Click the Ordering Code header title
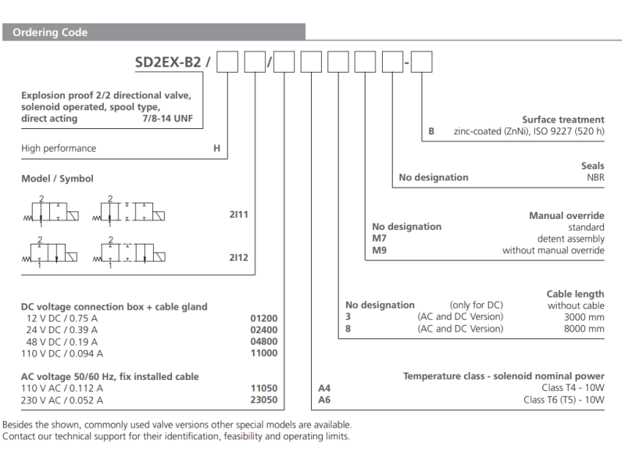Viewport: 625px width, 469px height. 50,33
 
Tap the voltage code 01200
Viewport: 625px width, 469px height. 263,319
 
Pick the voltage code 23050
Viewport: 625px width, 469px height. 263,400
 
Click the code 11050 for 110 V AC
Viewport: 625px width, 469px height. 263,388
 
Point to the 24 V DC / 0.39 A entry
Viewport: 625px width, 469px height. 62,331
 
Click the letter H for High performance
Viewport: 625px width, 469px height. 217,149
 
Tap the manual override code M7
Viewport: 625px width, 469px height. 380,239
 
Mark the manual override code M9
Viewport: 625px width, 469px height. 380,251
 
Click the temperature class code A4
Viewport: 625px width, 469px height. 325,388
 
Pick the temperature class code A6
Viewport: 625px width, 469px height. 325,400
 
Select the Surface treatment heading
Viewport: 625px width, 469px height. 562,120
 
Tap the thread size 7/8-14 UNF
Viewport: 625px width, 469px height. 173,119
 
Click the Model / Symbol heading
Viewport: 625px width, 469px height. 57,179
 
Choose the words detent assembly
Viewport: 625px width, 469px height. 570,239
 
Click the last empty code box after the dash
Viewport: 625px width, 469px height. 421,62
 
